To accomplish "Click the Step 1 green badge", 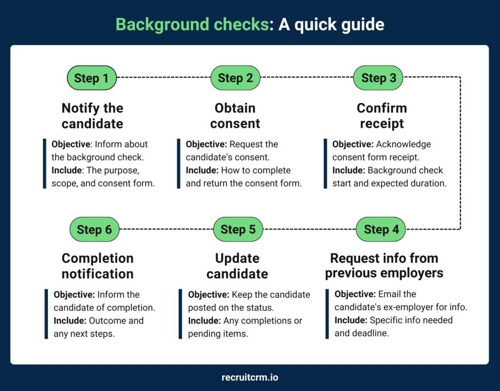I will [92, 78].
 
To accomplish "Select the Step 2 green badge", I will [235, 78].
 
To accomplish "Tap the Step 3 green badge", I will [378, 78].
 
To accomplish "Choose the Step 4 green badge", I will [381, 229].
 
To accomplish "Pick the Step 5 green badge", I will [238, 229].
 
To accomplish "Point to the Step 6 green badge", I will [95, 230].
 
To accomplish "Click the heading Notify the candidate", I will [92, 116].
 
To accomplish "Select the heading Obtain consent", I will [235, 116].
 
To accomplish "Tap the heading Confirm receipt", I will [382, 116].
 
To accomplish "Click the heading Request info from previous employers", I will [384, 265].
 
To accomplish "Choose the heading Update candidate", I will [237, 266].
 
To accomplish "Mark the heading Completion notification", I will [98, 266].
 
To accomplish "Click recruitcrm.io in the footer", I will [250, 377].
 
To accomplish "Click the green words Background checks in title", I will [192, 24].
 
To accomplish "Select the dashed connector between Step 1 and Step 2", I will [164, 78].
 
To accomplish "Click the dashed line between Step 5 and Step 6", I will [166, 229].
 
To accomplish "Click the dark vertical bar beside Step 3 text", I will [326, 164].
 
